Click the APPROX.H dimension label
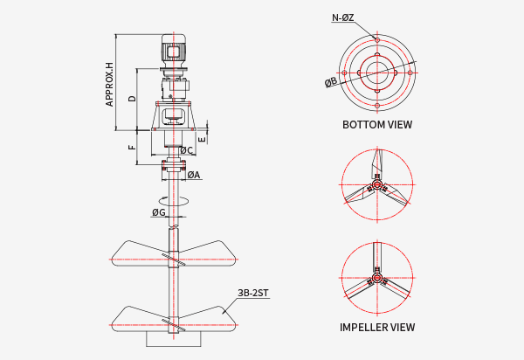coord(110,84)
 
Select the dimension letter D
coord(132,99)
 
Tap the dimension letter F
coord(132,148)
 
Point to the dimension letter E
coord(202,138)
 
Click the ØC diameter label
coord(186,150)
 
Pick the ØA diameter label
coord(193,175)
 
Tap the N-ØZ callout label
coord(343,17)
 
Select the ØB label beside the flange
coord(331,82)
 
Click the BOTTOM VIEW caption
coord(377,125)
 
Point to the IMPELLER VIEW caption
coord(377,328)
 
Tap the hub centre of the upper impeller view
coord(377,185)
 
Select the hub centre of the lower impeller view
coord(377,280)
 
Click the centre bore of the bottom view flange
coord(377,71)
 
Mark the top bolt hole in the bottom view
coord(377,40)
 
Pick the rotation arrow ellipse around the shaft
coord(174,203)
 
